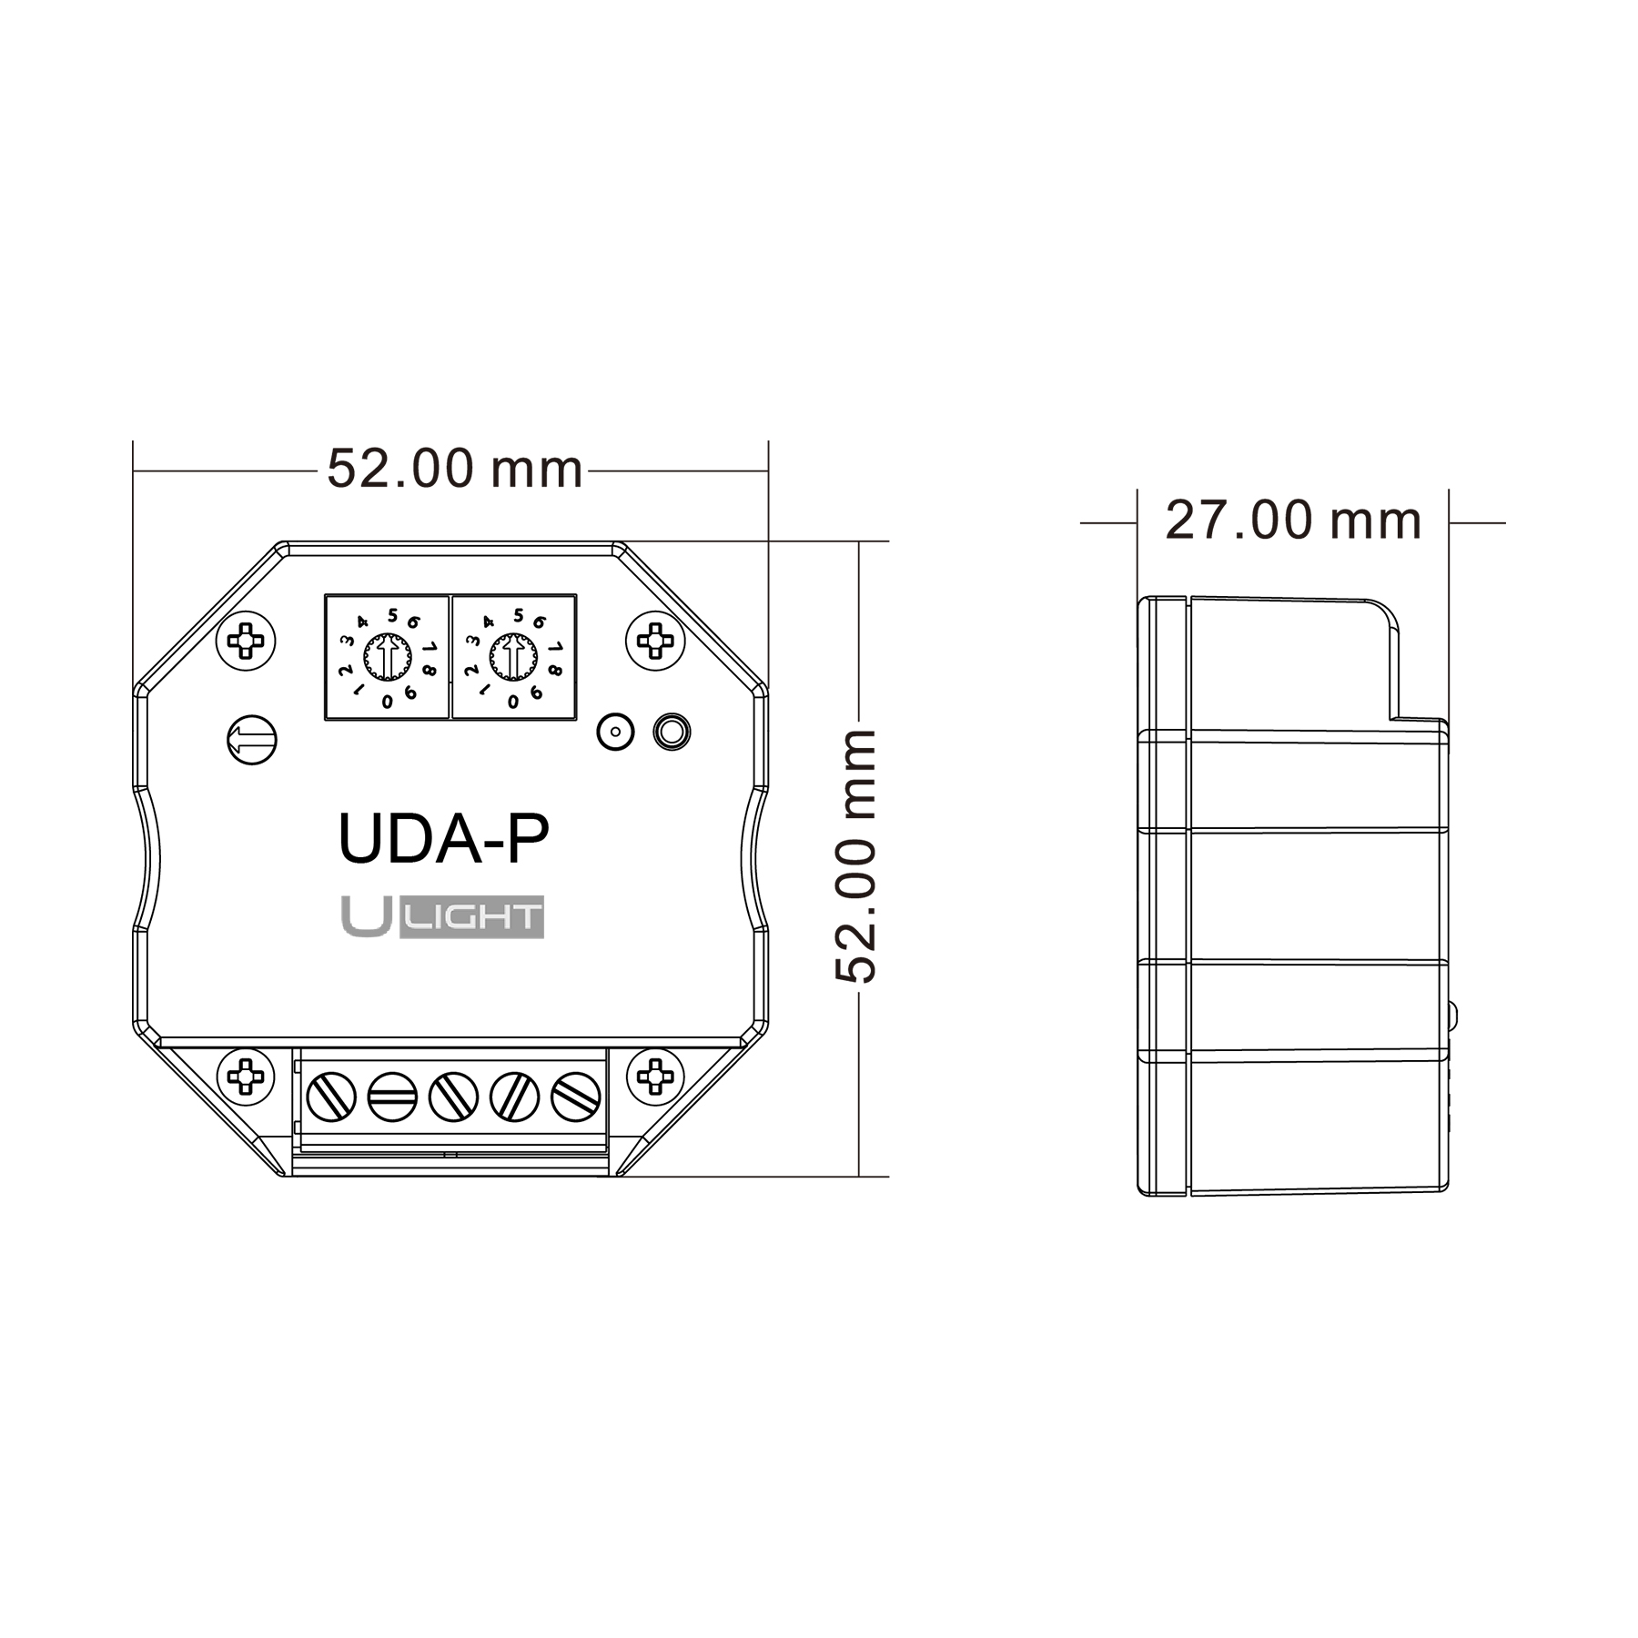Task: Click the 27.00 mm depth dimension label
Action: tap(1293, 521)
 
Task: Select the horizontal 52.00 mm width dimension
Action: tap(454, 470)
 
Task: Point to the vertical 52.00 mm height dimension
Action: tap(856, 856)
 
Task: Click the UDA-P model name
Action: tap(443, 839)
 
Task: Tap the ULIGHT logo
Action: tap(442, 916)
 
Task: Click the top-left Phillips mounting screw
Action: tap(246, 641)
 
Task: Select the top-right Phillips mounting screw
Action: tap(655, 641)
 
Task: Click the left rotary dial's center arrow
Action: tap(388, 657)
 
